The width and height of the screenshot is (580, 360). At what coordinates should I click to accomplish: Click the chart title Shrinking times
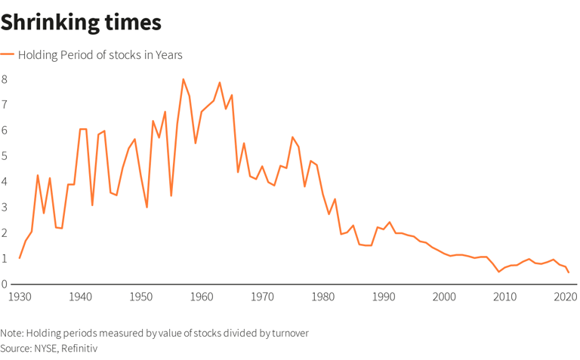[x=81, y=23]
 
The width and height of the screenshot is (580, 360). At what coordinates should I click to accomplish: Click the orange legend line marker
[x=8, y=55]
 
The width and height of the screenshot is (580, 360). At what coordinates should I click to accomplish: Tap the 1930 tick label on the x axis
[x=20, y=297]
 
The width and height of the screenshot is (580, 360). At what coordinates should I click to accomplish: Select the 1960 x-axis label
[x=202, y=297]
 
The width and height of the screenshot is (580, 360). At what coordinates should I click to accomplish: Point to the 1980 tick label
[x=323, y=297]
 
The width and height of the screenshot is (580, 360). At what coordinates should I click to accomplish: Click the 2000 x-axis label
[x=444, y=297]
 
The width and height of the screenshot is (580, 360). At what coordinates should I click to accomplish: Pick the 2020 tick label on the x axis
[x=566, y=297]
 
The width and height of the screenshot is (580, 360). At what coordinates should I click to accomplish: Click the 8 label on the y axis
[x=5, y=79]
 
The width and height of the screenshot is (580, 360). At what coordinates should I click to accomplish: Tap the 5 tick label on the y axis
[x=5, y=156]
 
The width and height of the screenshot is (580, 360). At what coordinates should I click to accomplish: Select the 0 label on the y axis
[x=5, y=285]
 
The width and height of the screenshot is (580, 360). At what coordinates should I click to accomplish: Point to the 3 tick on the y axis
[x=5, y=208]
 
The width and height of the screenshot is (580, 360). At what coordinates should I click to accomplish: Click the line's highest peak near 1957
[x=183, y=79]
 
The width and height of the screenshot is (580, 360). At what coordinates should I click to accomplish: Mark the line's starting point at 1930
[x=20, y=258]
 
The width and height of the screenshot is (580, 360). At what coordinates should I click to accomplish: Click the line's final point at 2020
[x=568, y=272]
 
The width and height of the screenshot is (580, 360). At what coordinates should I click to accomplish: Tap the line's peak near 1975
[x=292, y=137]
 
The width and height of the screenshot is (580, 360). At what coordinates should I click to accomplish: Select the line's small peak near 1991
[x=390, y=223]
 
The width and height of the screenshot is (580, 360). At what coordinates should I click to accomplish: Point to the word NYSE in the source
[x=45, y=348]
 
